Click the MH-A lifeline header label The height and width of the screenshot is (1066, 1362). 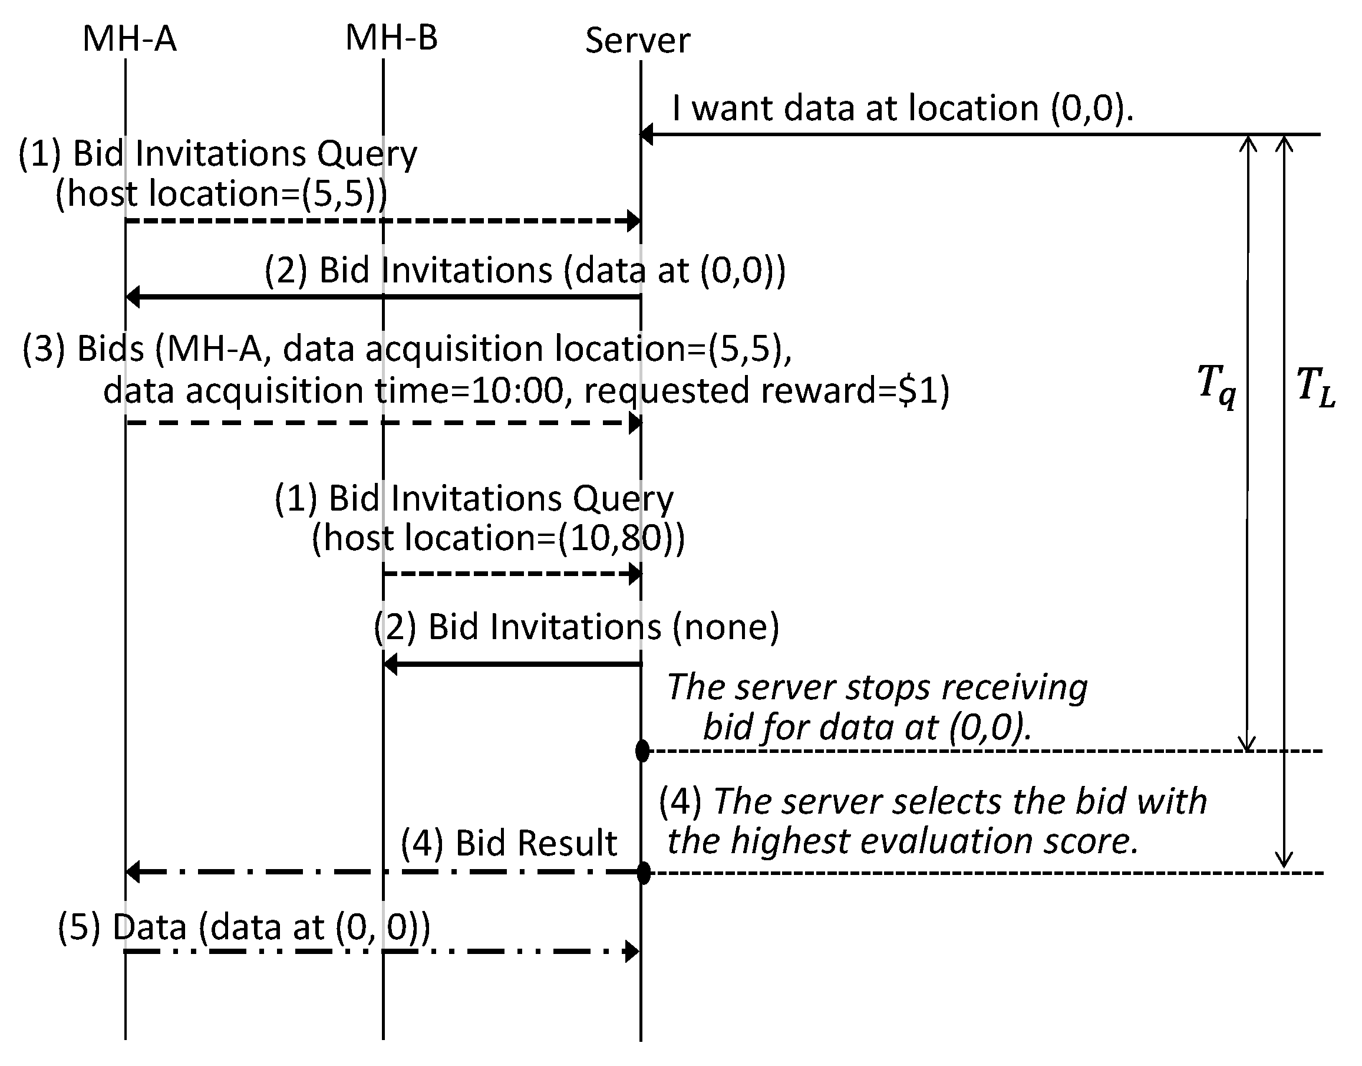point(130,39)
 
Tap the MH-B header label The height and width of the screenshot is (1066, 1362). point(391,38)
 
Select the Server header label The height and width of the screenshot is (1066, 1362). point(637,41)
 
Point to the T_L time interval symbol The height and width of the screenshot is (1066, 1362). point(1315,386)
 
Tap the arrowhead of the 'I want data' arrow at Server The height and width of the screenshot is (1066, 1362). point(647,134)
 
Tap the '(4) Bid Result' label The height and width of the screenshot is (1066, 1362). point(509,843)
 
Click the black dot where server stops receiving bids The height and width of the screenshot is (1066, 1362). point(642,751)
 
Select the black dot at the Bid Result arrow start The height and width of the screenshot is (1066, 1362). point(643,873)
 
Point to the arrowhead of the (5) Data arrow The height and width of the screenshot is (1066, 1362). point(632,951)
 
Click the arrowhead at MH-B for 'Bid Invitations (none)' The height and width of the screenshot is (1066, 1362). point(391,664)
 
